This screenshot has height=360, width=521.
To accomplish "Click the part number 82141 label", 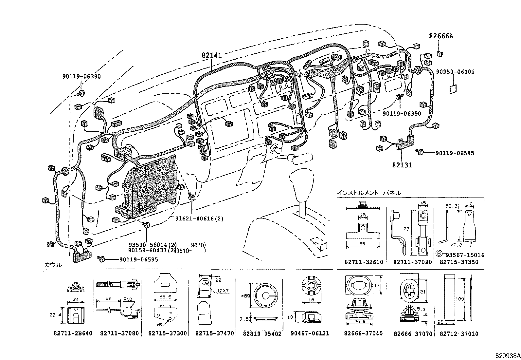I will pyautogui.click(x=212, y=55).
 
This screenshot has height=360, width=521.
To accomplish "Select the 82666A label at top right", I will pyautogui.click(x=441, y=36).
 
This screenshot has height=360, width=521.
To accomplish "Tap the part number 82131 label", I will pyautogui.click(x=402, y=165).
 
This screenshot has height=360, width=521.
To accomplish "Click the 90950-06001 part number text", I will pyautogui.click(x=455, y=72).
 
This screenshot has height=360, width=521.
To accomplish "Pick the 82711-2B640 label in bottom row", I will pyautogui.click(x=73, y=333).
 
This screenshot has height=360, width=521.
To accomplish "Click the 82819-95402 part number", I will pyautogui.click(x=262, y=333).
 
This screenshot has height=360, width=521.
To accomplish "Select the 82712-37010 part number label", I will pyautogui.click(x=458, y=334).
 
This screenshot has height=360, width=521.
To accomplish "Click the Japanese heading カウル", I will pyautogui.click(x=53, y=265).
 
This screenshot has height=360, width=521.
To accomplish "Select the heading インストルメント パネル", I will pyautogui.click(x=369, y=193).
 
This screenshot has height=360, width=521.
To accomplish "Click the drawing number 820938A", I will pyautogui.click(x=507, y=355).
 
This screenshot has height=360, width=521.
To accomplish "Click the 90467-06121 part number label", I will pyautogui.click(x=310, y=333).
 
